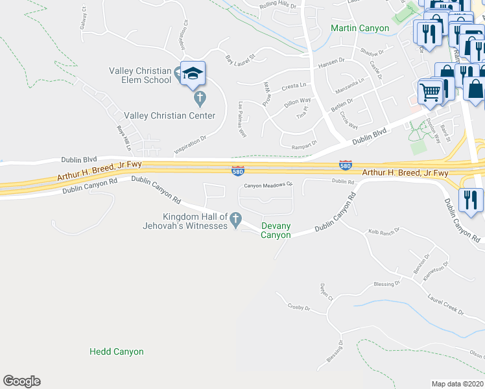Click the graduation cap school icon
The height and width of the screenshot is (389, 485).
coord(193,73)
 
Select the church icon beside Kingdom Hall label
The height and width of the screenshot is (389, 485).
coord(236,219)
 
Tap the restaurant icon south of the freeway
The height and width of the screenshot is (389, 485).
coord(470,199)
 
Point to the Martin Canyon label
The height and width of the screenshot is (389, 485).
coord(360,28)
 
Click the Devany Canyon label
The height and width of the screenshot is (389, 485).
coord(276,230)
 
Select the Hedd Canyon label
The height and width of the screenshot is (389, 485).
coord(117,351)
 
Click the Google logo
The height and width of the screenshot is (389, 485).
coord(21,381)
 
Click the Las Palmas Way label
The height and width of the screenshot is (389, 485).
coord(242,119)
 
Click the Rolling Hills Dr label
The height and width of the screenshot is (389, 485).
coord(277,6)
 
